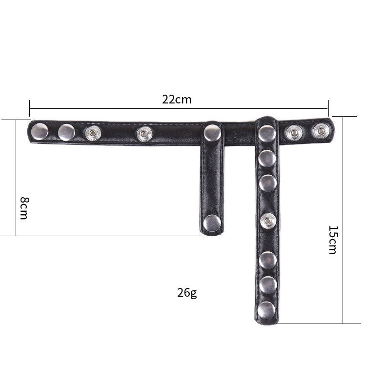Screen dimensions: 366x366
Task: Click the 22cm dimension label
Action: tap(177, 100)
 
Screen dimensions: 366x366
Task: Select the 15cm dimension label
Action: tap(332, 240)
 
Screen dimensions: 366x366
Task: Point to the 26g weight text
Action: tap(187, 293)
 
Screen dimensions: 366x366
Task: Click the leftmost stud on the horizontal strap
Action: tap(39, 131)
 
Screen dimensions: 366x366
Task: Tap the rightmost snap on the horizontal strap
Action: tap(320, 131)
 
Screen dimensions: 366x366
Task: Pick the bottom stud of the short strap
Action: tap(211, 223)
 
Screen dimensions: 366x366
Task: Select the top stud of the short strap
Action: tap(212, 132)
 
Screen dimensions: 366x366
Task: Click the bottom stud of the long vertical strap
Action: tap(266, 309)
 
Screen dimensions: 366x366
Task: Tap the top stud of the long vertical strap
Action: tap(266, 133)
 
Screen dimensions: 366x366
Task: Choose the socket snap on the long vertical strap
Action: tap(267, 222)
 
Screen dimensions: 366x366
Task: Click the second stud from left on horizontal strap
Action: tap(66, 131)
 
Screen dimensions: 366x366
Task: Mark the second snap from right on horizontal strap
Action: tap(294, 132)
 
